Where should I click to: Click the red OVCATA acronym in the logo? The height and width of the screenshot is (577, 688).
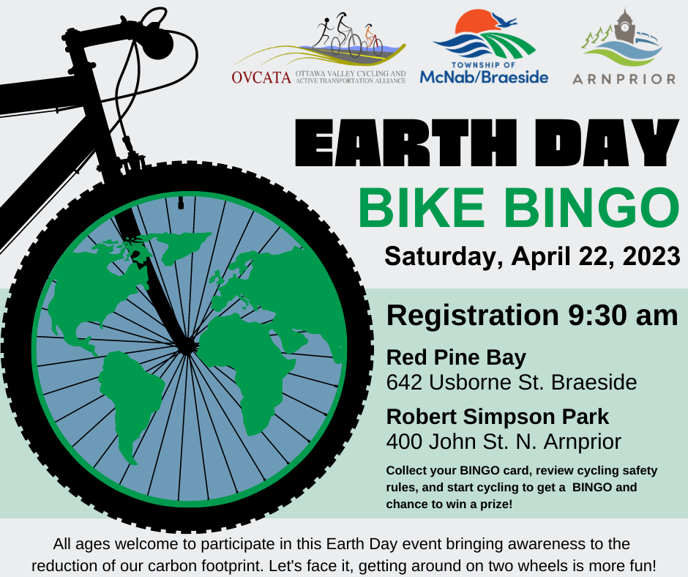coord(261,78)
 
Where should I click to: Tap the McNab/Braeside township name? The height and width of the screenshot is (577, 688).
coord(484,78)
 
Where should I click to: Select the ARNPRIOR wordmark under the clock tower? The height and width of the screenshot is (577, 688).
coord(624,79)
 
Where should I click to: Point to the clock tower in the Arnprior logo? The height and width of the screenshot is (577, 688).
coord(624,27)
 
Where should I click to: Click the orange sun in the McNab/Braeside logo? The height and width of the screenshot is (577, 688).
coord(476,22)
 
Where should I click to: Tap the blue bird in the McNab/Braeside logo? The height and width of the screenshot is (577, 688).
coord(504,20)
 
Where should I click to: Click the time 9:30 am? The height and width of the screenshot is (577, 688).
coord(623,315)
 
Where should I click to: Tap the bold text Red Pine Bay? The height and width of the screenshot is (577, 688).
coord(456,358)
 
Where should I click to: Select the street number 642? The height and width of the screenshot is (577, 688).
coord(404,382)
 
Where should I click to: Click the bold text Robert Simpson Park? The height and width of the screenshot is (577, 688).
coord(498,417)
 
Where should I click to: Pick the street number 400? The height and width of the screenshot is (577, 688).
coord(404,442)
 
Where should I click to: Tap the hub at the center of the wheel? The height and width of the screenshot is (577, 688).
coord(187,347)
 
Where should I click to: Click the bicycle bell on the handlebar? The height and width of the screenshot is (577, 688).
coord(158,43)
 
